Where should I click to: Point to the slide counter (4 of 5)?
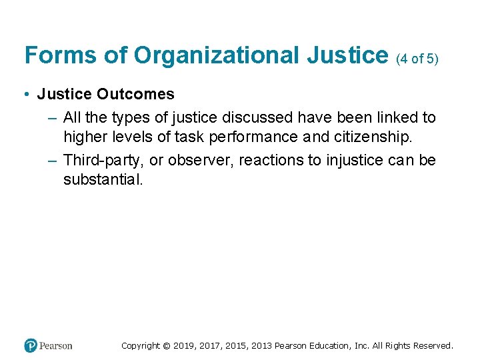[x=417, y=59]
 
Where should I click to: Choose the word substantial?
[x=103, y=179]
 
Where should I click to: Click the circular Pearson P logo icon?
[x=31, y=345]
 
